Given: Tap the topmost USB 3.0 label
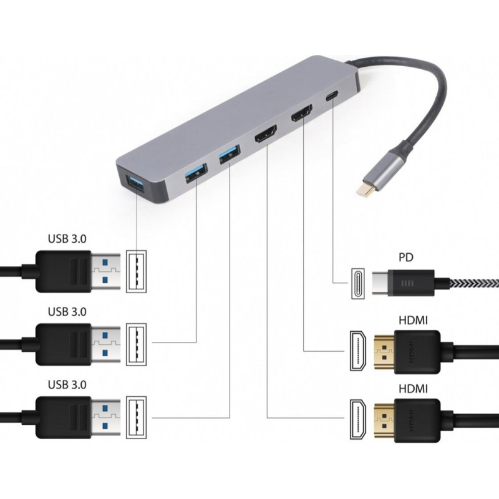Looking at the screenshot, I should click(67, 238).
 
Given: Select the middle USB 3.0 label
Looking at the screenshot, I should click(67, 311).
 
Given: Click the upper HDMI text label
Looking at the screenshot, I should click(412, 321).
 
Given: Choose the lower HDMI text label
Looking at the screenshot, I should click(412, 389).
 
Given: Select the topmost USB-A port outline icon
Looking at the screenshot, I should click(136, 271).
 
